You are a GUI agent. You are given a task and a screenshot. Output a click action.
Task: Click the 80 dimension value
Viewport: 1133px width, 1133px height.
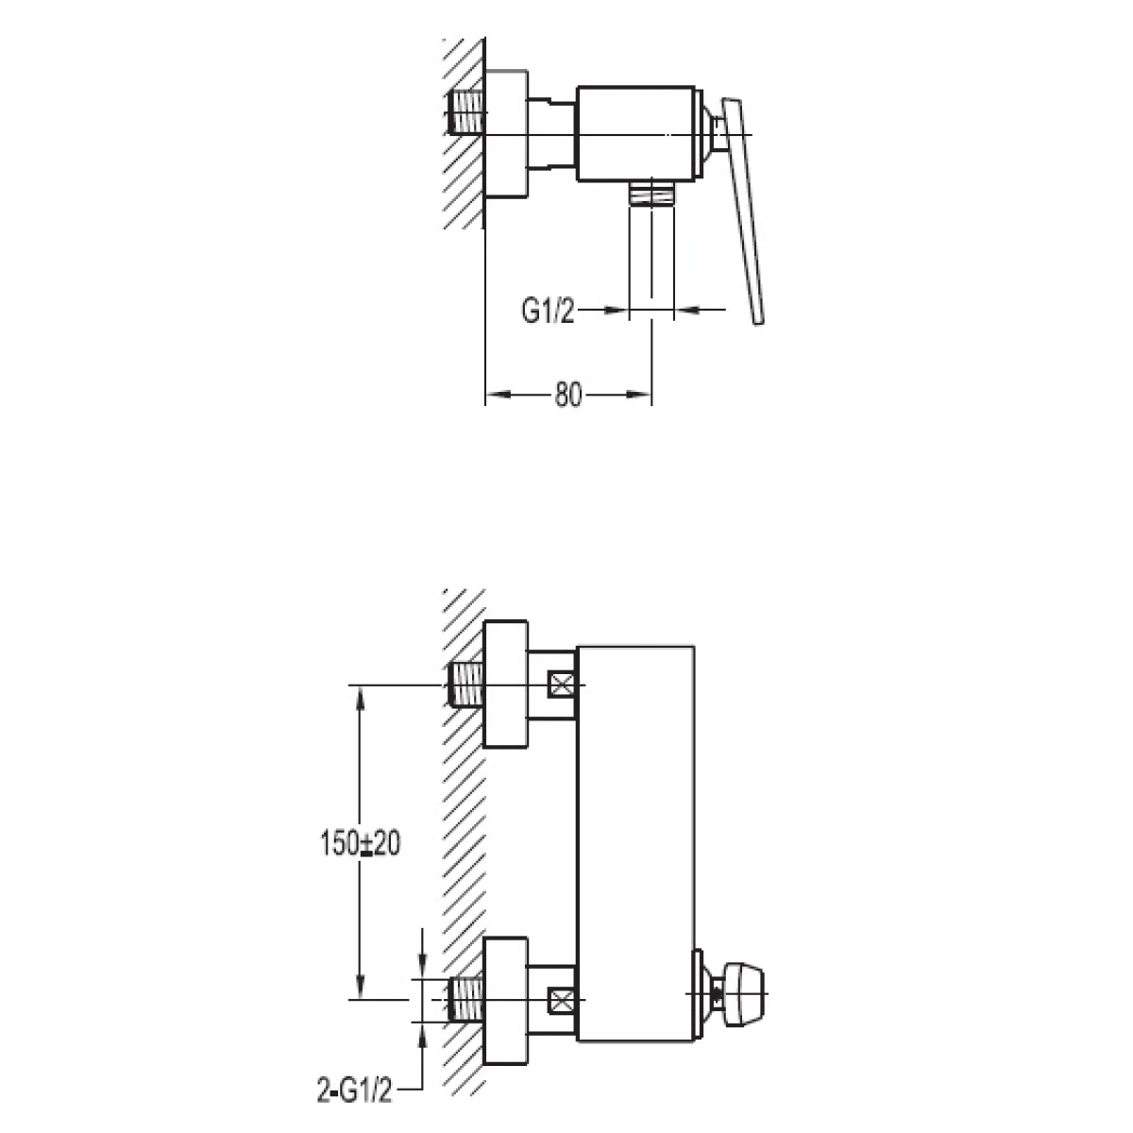coord(567,395)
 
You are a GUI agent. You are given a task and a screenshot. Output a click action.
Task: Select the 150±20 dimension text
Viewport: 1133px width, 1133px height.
coord(360,844)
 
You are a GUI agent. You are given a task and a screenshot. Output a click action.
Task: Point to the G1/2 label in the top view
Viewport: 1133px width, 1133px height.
coord(547,311)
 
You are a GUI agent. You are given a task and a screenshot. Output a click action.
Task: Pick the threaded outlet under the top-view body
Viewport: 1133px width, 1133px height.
coord(651,193)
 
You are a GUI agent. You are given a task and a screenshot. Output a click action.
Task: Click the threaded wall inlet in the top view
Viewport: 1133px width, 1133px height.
coord(465,112)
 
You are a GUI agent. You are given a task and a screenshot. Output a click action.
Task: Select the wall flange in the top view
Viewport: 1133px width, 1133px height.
coord(506,135)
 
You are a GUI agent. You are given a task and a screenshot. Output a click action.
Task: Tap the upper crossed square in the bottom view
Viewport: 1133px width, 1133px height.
coord(562,685)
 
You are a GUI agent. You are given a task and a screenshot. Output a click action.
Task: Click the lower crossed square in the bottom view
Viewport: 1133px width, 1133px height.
coord(562,1000)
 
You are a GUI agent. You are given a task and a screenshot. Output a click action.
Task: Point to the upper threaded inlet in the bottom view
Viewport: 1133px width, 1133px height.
coord(465,684)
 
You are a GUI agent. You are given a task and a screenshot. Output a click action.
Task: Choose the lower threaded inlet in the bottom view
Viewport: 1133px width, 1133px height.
coord(465,999)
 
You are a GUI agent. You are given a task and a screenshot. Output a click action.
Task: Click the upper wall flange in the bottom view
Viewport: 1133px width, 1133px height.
coord(505,684)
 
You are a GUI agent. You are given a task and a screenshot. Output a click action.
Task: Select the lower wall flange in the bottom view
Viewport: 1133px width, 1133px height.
coord(505,1000)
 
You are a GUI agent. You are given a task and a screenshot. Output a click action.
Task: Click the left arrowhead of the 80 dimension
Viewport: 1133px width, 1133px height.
coord(497,395)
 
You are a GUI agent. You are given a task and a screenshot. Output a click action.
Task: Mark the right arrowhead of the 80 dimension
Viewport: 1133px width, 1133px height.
coord(640,395)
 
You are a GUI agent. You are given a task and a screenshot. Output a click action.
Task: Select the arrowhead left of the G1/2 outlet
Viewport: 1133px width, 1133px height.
coord(617,310)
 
